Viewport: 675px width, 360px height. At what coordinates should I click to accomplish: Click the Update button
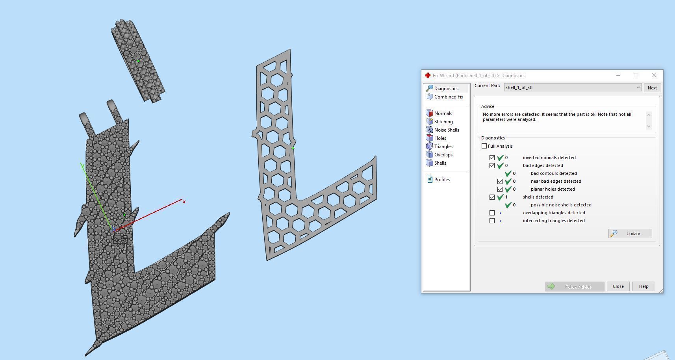(630, 234)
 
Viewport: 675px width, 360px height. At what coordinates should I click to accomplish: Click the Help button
(643, 286)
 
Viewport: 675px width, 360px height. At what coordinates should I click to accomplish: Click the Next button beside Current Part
(652, 88)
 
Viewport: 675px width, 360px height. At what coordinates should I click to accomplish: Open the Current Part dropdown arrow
(638, 87)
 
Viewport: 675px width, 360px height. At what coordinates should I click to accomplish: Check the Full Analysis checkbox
(484, 146)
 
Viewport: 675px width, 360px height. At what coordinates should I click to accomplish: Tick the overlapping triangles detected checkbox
(492, 213)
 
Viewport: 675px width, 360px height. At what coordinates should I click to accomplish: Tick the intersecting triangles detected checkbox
(492, 221)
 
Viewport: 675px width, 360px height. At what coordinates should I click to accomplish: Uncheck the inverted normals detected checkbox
(492, 158)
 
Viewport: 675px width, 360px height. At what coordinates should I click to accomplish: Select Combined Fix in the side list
(448, 97)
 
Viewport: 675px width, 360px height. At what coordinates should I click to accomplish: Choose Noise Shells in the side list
(446, 130)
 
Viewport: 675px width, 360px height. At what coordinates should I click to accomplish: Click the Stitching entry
(443, 122)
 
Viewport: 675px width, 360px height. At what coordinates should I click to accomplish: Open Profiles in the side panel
(441, 180)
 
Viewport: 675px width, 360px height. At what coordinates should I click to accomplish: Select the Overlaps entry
(443, 155)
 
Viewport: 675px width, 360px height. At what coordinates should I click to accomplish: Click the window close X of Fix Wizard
(654, 75)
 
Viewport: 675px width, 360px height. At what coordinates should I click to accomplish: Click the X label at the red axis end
(184, 202)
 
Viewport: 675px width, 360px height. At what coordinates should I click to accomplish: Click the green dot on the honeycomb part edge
(293, 148)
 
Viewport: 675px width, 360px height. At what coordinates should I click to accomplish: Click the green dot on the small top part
(138, 61)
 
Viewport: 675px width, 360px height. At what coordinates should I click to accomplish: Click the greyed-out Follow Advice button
(575, 286)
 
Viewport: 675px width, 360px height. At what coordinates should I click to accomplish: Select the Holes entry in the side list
(440, 138)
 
